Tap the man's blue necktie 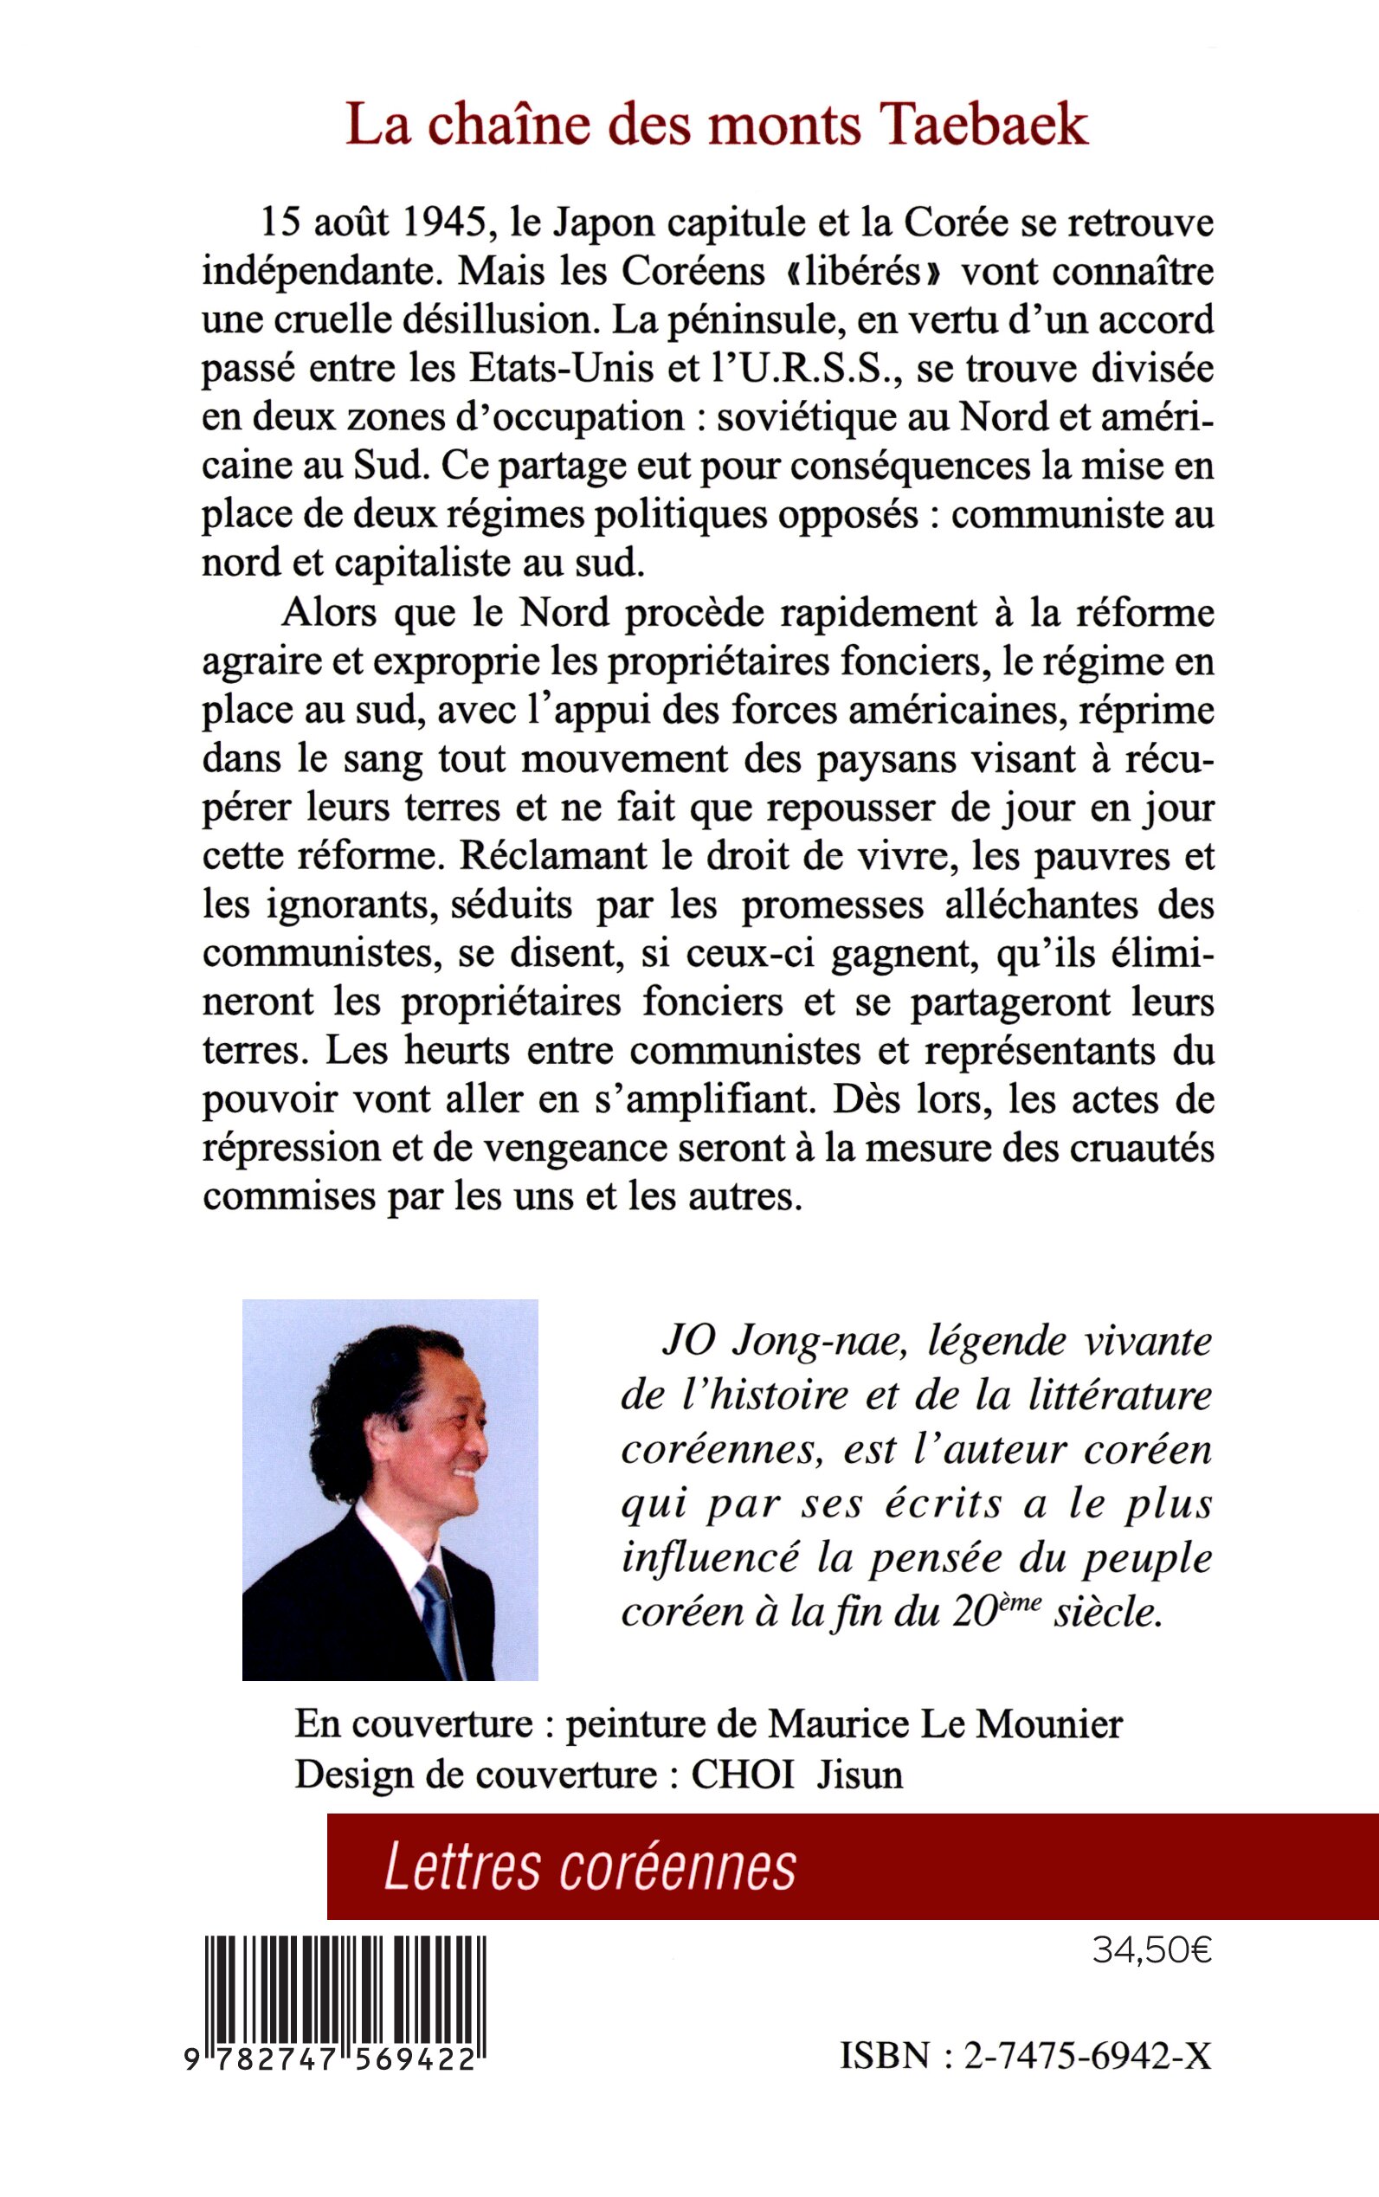click(x=439, y=1623)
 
